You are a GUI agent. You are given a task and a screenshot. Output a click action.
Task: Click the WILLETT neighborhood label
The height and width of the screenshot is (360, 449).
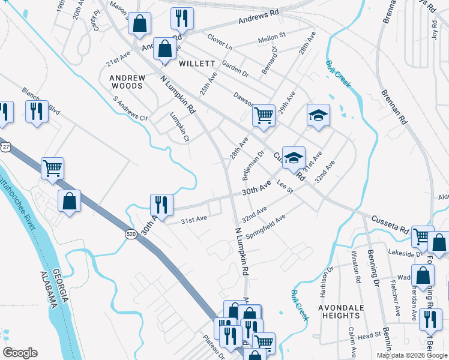[196, 63]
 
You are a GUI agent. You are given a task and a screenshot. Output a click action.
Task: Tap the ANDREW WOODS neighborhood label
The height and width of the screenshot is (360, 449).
[127, 82]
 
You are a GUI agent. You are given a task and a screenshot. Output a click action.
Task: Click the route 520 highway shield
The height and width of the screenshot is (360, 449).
[131, 233]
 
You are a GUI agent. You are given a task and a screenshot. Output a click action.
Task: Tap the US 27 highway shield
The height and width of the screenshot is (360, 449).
[5, 147]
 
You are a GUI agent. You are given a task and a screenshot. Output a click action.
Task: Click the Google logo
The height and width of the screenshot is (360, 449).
[19, 353]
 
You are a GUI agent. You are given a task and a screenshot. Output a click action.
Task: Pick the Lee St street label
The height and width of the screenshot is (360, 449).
[285, 188]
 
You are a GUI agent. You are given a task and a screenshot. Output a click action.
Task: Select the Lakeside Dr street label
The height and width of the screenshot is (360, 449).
[406, 253]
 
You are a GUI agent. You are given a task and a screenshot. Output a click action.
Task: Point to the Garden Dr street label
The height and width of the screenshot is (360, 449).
[235, 68]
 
